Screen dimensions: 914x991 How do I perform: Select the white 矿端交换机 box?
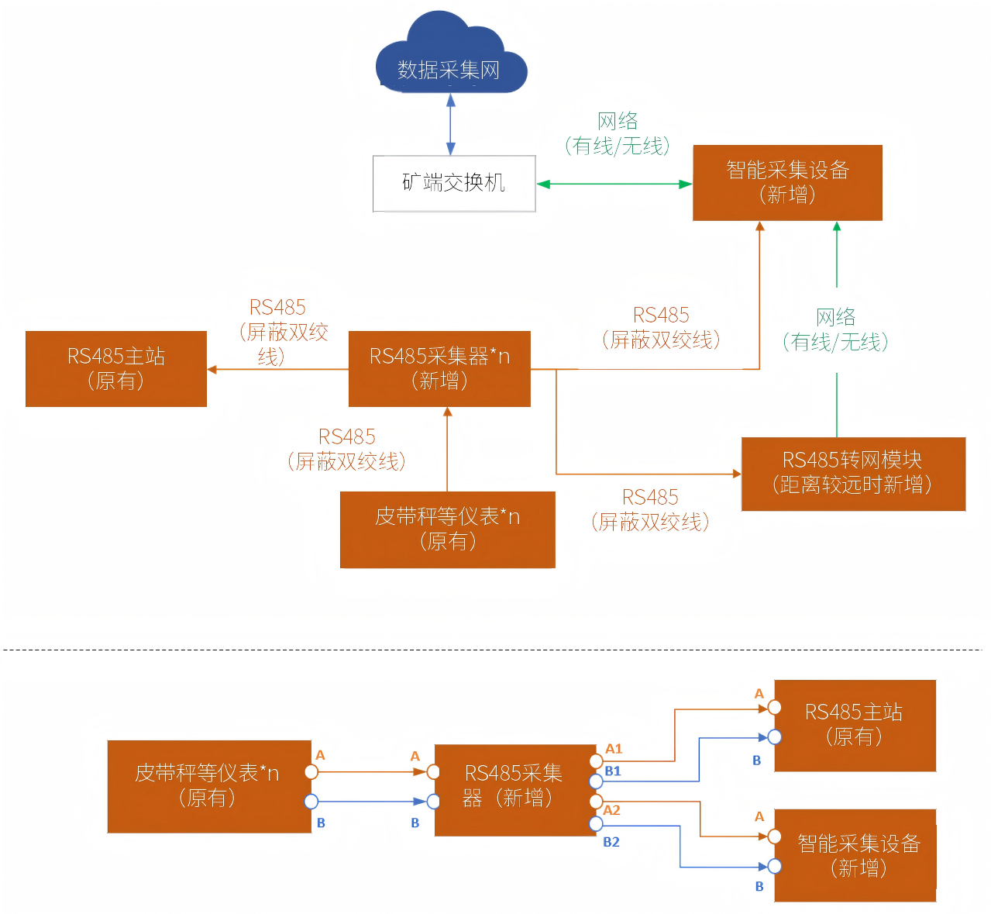click(454, 184)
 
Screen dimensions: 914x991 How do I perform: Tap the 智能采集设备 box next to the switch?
click(787, 183)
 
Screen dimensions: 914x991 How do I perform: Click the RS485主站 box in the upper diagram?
click(116, 369)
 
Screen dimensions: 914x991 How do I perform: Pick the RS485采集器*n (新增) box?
click(439, 369)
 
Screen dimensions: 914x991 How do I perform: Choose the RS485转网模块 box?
click(853, 474)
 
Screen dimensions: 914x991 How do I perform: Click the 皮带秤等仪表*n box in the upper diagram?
click(447, 529)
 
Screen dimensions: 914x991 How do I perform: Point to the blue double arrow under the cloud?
click(451, 125)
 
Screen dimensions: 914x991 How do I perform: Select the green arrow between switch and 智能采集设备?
click(614, 185)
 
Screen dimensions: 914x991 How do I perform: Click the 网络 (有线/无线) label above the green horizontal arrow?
click(618, 133)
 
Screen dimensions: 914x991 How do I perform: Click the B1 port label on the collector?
click(613, 771)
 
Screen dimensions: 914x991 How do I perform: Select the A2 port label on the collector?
click(612, 810)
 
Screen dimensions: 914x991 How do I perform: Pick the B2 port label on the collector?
click(611, 842)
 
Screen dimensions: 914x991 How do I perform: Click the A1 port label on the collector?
click(614, 749)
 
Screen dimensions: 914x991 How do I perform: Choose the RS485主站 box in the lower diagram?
click(855, 726)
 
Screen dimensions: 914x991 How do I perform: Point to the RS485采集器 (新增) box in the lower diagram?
click(514, 790)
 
